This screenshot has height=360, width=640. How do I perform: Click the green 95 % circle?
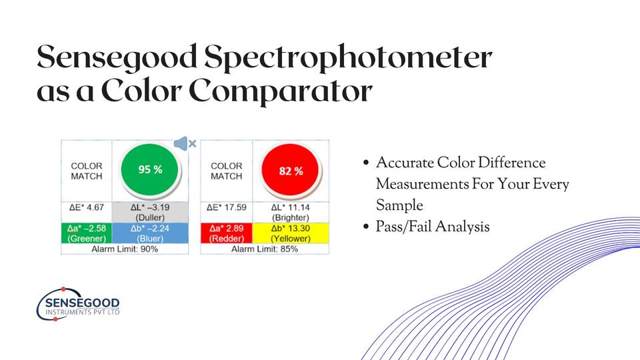click(x=150, y=170)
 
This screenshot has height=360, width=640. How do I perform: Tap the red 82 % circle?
click(x=291, y=171)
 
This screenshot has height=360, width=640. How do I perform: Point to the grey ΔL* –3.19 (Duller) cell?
click(x=150, y=212)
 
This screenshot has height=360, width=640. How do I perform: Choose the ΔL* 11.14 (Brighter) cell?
click(x=291, y=212)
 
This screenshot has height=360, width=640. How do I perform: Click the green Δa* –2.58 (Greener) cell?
click(x=87, y=233)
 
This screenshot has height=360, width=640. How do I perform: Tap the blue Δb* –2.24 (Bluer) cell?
click(x=150, y=233)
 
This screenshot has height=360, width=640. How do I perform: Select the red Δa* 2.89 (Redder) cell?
click(x=227, y=233)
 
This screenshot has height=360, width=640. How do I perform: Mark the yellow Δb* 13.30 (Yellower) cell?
click(x=291, y=233)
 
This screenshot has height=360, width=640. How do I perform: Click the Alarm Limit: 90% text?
click(x=125, y=249)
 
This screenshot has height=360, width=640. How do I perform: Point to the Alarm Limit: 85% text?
click(x=265, y=249)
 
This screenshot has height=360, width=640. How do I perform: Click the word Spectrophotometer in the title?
click(x=348, y=57)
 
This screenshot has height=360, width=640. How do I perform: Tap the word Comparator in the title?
click(x=281, y=91)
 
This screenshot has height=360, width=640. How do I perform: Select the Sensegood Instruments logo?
click(x=79, y=304)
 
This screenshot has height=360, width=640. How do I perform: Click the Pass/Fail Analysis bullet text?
click(x=433, y=227)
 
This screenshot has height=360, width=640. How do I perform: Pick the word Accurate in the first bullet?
click(x=405, y=163)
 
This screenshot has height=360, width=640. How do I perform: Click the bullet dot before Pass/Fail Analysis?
click(x=366, y=227)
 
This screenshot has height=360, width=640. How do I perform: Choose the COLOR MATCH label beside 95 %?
click(x=87, y=171)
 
